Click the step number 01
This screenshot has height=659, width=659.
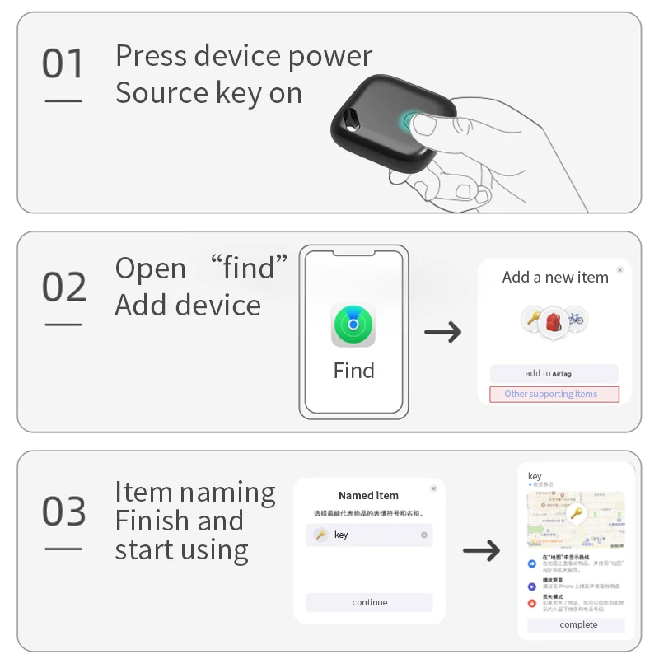(63, 64)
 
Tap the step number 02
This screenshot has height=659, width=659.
(63, 287)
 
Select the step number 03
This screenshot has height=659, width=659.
(63, 512)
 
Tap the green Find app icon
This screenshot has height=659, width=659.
(353, 325)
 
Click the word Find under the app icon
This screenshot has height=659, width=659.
(353, 371)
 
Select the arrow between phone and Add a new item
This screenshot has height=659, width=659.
(442, 333)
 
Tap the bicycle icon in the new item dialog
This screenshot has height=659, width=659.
(576, 318)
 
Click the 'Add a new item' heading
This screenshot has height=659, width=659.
(555, 278)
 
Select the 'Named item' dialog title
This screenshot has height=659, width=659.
(368, 496)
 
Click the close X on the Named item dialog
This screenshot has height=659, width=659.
(433, 488)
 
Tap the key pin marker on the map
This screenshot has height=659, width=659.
(576, 515)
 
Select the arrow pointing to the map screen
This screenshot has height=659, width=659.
(481, 551)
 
